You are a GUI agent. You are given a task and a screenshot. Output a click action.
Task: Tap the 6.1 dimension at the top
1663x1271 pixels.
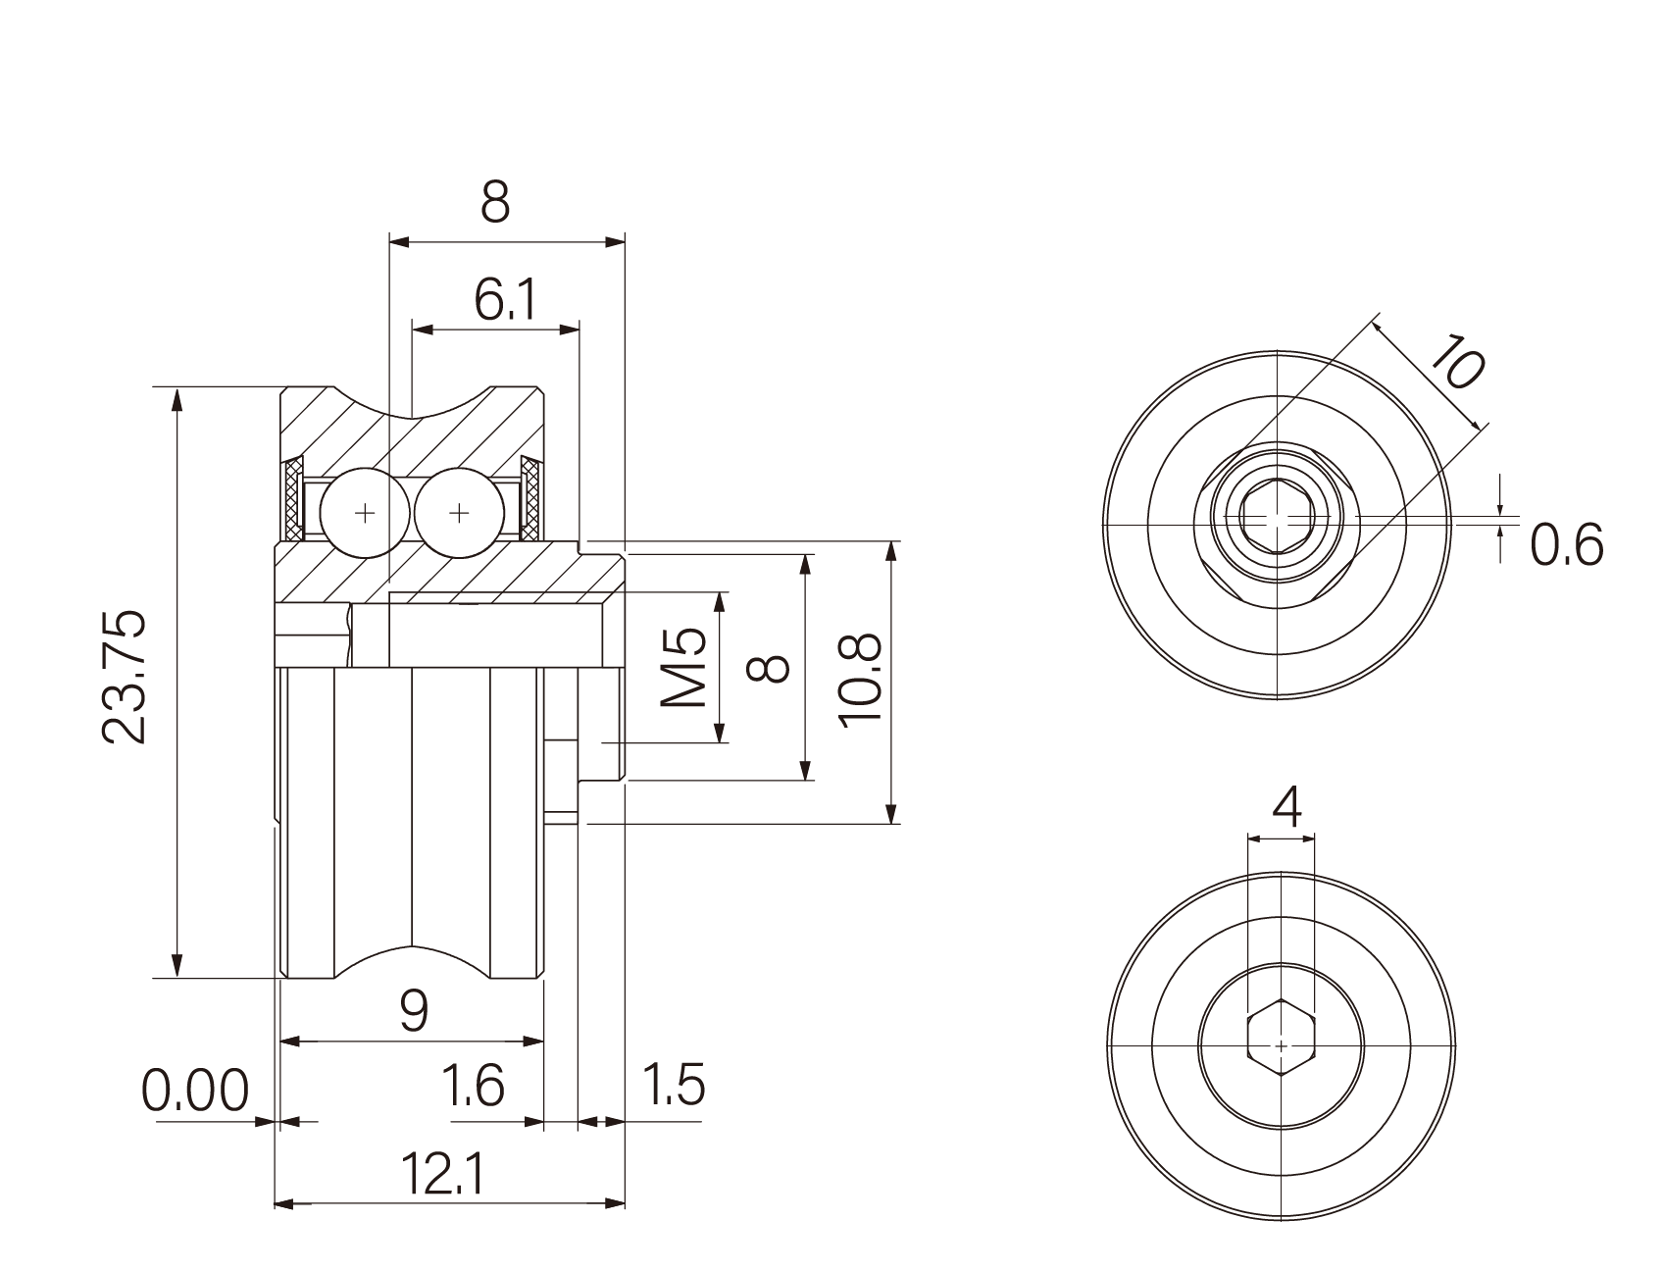coord(505,300)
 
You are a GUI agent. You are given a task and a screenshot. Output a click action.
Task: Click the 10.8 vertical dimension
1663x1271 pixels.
coord(862,679)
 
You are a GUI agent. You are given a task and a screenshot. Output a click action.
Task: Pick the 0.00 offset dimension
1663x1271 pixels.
coord(196,1091)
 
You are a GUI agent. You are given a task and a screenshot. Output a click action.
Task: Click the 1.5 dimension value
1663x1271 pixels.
coord(673,1085)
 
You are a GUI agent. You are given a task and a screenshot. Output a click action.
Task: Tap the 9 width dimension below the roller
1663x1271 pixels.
coord(414,1010)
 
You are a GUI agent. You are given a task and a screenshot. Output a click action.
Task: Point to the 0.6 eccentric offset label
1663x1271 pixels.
coord(1567,545)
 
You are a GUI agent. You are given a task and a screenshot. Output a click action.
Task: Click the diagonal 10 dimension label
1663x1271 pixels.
coord(1454,360)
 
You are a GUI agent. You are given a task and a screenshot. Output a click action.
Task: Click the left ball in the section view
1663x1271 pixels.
coord(365,513)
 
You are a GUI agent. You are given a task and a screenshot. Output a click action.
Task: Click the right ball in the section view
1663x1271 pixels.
coord(459,513)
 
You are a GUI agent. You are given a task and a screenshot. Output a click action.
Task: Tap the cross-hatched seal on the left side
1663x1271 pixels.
coord(293,500)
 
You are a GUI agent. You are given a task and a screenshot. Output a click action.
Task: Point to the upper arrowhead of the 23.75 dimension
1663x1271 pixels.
coord(176,398)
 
